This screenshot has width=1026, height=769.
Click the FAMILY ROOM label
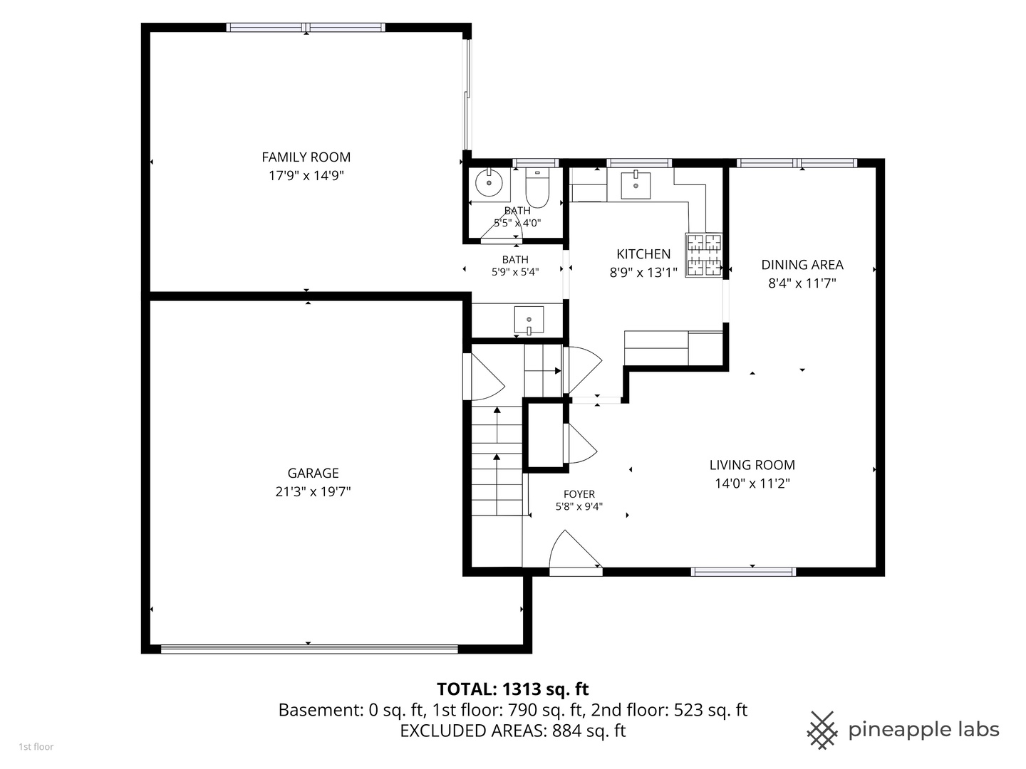[x=306, y=157]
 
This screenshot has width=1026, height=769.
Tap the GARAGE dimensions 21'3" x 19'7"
[x=313, y=491]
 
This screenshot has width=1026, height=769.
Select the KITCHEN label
[x=643, y=254]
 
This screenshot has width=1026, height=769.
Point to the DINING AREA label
[x=802, y=265]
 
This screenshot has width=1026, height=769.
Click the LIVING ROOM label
[x=752, y=465]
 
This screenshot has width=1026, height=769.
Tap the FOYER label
[x=579, y=494]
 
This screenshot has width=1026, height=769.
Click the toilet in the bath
[x=537, y=188]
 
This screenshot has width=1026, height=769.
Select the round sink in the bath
[x=489, y=182]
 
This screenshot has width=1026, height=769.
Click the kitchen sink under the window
[x=636, y=185]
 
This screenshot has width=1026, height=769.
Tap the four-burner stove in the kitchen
[x=703, y=256]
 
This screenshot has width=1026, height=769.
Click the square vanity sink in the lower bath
[x=529, y=320]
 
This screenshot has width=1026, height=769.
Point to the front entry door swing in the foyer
[x=576, y=553]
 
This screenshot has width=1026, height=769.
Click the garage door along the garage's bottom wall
[x=309, y=649]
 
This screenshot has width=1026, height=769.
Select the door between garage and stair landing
[x=484, y=377]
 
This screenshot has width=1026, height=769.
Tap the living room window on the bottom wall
[x=743, y=572]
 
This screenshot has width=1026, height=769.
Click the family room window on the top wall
[x=306, y=28]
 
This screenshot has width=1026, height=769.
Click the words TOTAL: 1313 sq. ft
[x=512, y=689]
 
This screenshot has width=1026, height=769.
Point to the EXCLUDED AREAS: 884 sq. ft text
[x=512, y=731]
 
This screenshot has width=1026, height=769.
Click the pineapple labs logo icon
[x=822, y=731]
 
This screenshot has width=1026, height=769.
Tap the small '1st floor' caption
[x=36, y=747]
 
